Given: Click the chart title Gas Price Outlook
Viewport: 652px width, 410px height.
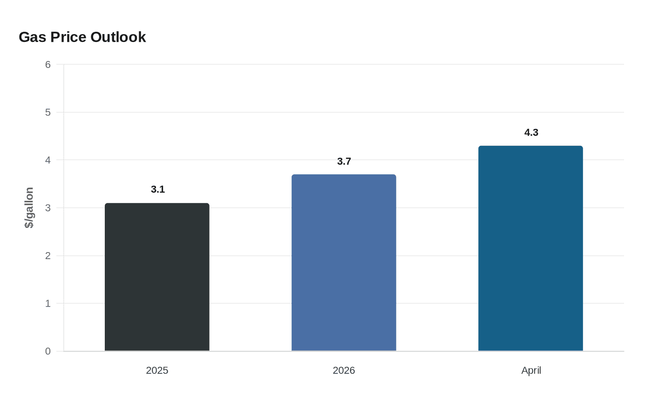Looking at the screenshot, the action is pyautogui.click(x=82, y=37).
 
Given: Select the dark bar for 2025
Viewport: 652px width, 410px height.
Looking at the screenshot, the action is pyautogui.click(x=157, y=277).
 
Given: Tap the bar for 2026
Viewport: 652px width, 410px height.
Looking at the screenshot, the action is pyautogui.click(x=344, y=263).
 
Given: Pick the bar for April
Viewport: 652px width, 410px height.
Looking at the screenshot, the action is pyautogui.click(x=530, y=248).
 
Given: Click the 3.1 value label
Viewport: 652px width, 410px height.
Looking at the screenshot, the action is pyautogui.click(x=158, y=190).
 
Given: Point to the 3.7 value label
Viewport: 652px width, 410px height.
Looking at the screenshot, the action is pyautogui.click(x=344, y=161).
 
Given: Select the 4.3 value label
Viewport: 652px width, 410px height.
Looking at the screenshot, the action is pyautogui.click(x=531, y=132).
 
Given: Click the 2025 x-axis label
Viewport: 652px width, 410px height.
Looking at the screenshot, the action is pyautogui.click(x=157, y=370).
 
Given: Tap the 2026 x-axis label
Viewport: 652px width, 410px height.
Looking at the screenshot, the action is pyautogui.click(x=344, y=370).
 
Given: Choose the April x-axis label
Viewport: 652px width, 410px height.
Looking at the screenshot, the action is pyautogui.click(x=531, y=370).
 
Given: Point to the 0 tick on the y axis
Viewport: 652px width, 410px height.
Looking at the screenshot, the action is pyautogui.click(x=48, y=351).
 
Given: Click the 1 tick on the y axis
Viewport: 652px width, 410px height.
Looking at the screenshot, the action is pyautogui.click(x=48, y=303).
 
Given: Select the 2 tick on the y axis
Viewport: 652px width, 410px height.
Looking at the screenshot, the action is pyautogui.click(x=48, y=256).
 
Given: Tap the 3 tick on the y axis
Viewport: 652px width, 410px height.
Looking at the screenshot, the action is pyautogui.click(x=48, y=208).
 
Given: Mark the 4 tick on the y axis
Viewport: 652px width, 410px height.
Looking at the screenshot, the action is pyautogui.click(x=48, y=160).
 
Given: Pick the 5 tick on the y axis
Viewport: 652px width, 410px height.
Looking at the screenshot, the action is pyautogui.click(x=48, y=112).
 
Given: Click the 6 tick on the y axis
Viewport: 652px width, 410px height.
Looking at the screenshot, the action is pyautogui.click(x=48, y=64).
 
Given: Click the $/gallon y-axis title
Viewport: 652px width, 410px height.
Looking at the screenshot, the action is pyautogui.click(x=29, y=208).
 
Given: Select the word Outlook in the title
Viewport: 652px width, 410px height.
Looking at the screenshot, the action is pyautogui.click(x=118, y=37).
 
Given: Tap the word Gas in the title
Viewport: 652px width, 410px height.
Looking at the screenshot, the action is pyautogui.click(x=32, y=37).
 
